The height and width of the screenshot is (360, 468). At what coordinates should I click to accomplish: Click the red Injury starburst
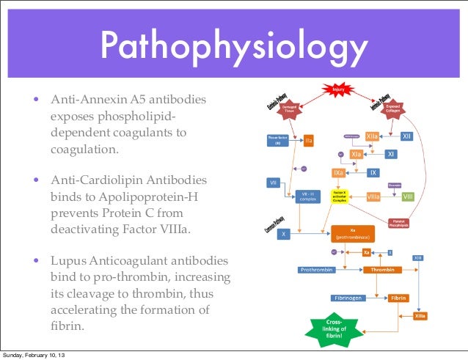(x=338, y=90)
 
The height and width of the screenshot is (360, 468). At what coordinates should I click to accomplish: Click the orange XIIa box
(x=372, y=137)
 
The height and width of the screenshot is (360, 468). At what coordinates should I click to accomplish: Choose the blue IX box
(x=373, y=173)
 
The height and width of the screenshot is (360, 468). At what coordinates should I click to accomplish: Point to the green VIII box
(x=408, y=196)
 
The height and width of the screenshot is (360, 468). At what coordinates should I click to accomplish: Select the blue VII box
(x=273, y=182)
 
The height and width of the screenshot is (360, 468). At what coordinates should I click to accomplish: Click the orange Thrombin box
(x=383, y=270)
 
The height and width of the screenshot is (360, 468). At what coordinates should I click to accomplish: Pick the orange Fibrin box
(x=398, y=298)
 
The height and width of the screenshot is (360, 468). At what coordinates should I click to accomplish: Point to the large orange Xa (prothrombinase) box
(x=353, y=234)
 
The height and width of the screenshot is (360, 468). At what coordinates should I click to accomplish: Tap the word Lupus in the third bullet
(x=67, y=262)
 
